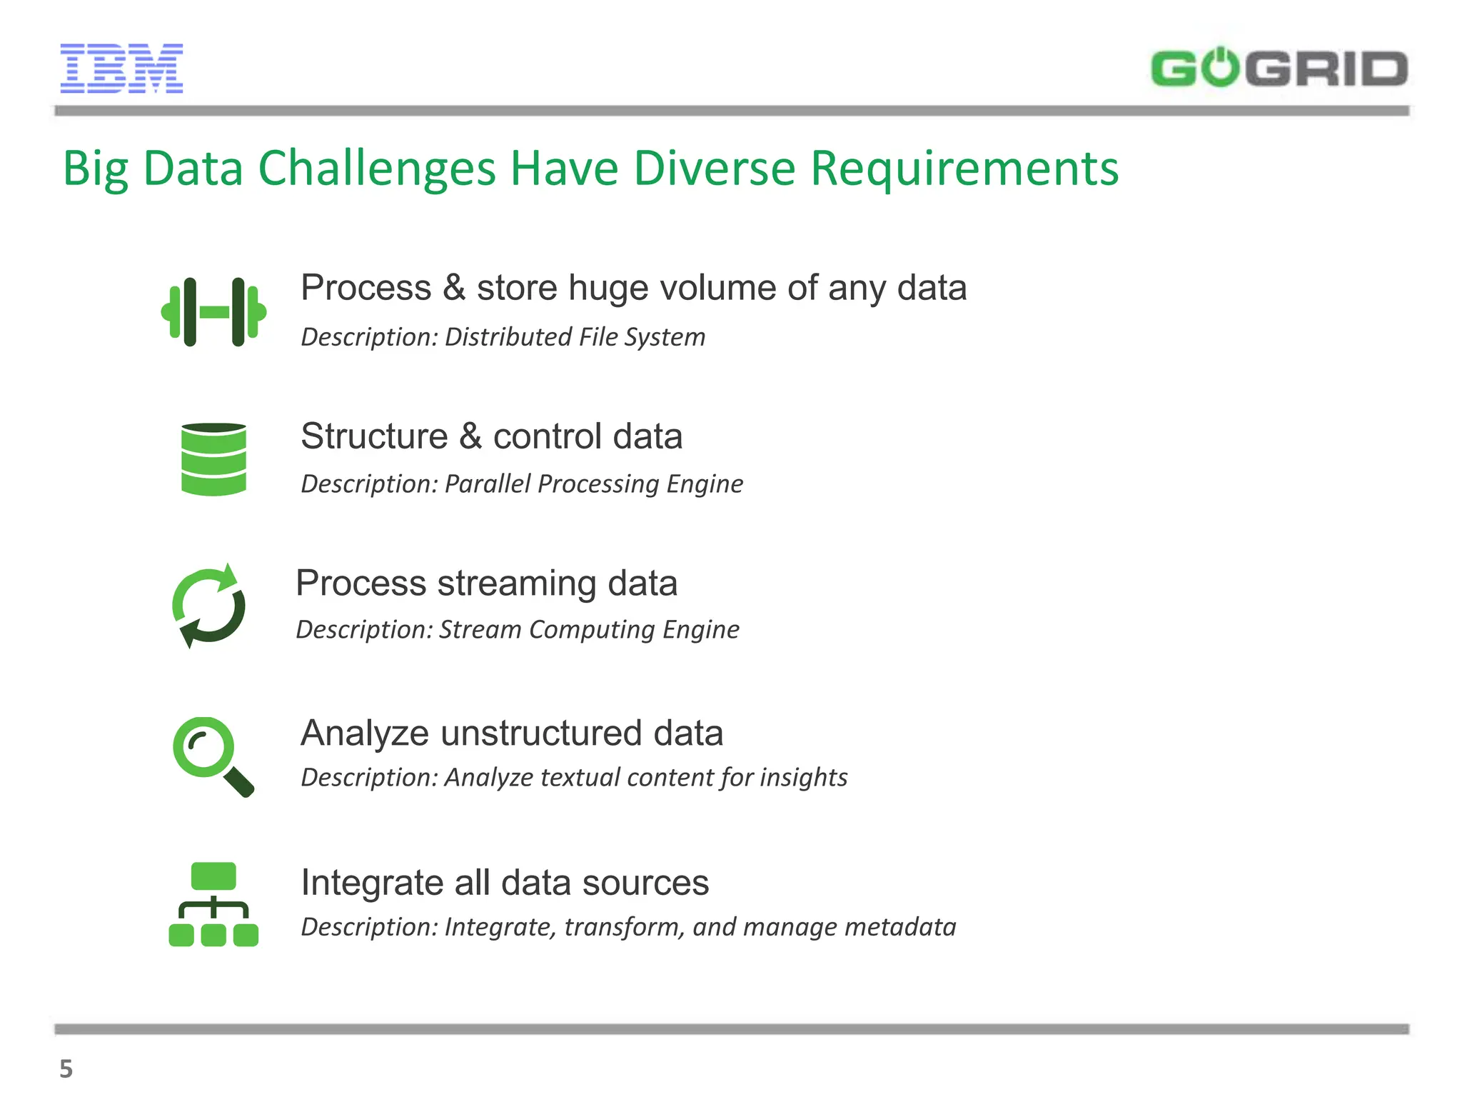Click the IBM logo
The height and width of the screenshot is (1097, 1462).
[121, 69]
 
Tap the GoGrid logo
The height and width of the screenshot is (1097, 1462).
[1279, 69]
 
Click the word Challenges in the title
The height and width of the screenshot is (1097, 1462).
[376, 169]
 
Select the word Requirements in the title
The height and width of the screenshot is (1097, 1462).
[964, 169]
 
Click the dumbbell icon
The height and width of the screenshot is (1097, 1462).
[213, 312]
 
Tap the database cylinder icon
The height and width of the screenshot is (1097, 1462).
[213, 459]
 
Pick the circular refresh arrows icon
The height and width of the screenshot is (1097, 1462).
[208, 606]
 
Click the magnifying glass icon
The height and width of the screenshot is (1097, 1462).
[212, 756]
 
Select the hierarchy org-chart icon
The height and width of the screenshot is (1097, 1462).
[213, 904]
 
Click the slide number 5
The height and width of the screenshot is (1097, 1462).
[66, 1069]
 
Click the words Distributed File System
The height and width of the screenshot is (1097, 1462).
[575, 337]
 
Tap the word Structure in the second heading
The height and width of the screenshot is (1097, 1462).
[374, 436]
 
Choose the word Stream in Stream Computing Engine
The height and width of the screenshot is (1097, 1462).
[480, 630]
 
